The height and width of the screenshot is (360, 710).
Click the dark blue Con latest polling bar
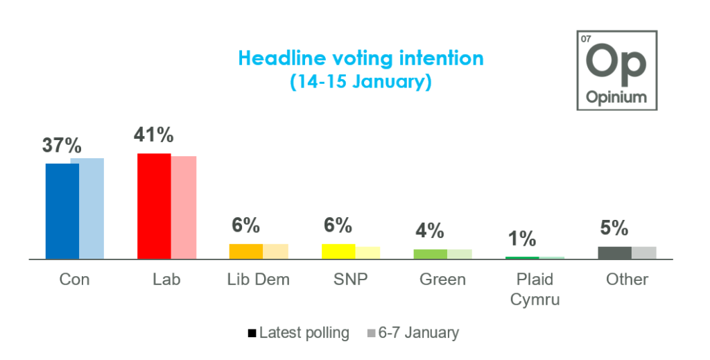(62, 211)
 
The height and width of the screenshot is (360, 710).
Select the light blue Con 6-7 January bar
(92, 208)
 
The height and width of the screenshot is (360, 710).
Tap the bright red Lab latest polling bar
(154, 206)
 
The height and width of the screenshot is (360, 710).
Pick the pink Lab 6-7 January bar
(184, 207)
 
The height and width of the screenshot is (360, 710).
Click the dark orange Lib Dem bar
(246, 251)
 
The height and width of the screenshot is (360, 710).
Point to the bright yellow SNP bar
(338, 251)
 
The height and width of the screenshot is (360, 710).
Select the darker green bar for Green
(431, 254)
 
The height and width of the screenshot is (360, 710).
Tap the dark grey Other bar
(615, 252)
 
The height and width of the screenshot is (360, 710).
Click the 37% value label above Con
(62, 146)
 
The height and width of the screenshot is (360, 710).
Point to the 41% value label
(154, 134)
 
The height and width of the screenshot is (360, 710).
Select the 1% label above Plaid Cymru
(522, 239)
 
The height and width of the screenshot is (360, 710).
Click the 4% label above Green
(430, 231)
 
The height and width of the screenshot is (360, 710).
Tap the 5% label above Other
(614, 228)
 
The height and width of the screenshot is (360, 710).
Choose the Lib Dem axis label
(258, 280)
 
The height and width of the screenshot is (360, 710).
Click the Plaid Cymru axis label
(535, 289)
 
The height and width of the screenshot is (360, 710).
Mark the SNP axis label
(350, 280)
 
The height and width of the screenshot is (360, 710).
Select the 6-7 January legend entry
(413, 333)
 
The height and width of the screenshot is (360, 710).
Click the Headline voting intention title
(361, 58)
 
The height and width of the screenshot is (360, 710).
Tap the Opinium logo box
(616, 70)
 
